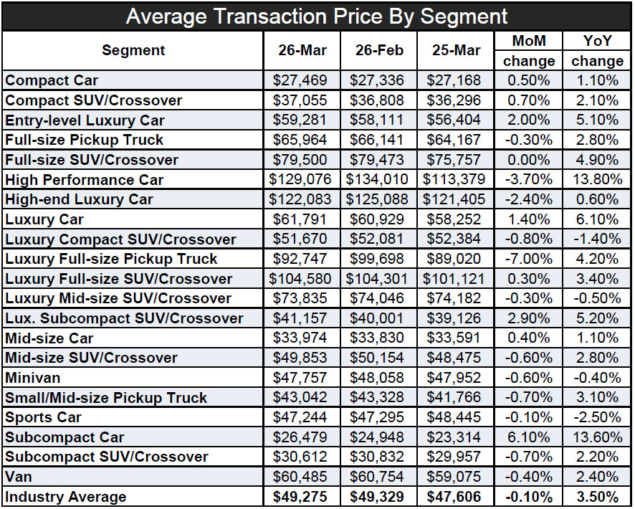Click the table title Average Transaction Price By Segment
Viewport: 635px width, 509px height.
317,16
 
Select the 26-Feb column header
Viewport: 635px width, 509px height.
379,50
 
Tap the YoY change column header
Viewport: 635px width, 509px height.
597,50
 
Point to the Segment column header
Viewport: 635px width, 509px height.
133,50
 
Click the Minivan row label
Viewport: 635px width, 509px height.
33,378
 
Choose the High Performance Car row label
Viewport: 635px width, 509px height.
85,180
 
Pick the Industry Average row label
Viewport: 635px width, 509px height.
66,497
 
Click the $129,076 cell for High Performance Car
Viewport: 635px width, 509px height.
302,180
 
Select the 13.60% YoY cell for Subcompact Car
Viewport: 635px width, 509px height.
597,437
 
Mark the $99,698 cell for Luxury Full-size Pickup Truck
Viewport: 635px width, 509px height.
379,259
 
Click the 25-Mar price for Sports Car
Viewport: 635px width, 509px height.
457,417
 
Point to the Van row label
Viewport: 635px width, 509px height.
18,477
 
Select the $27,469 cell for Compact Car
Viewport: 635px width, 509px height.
302,81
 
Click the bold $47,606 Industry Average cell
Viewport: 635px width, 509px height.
457,497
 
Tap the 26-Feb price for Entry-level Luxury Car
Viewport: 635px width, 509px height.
379,120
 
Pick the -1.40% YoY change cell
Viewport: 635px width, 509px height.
597,239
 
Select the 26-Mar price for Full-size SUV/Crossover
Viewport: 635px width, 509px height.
302,160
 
